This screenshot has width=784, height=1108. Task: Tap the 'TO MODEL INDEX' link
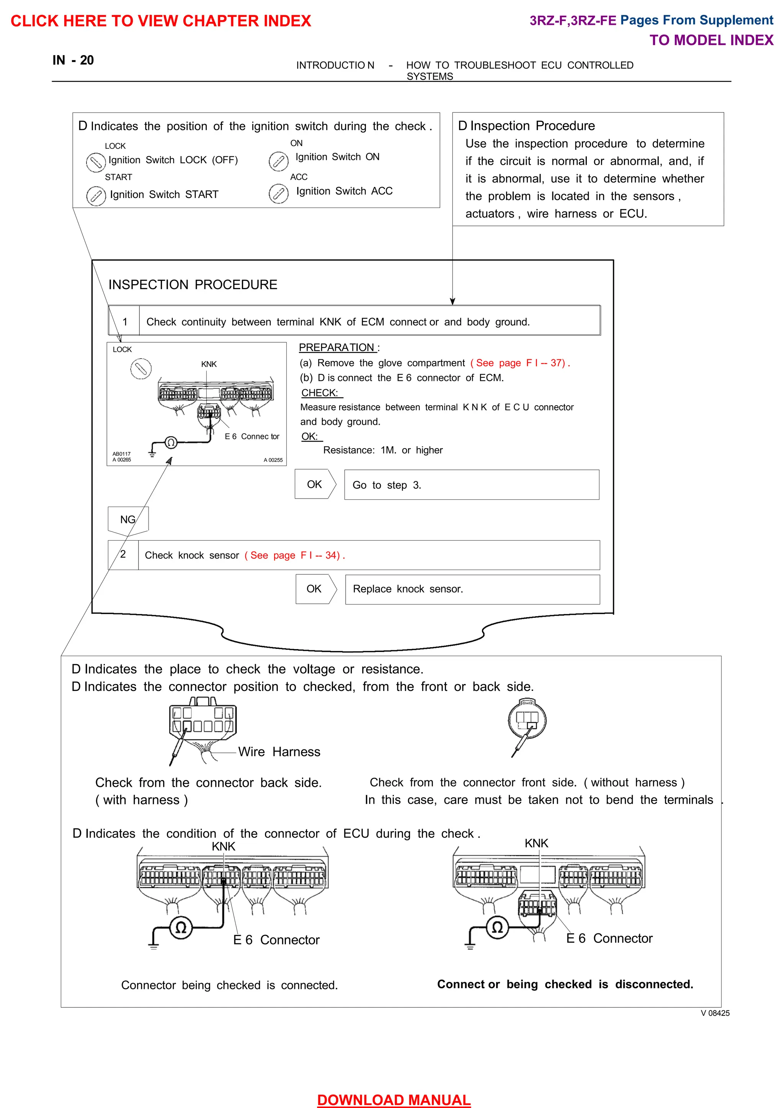click(x=711, y=40)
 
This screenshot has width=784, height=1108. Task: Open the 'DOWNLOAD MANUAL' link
click(x=394, y=1099)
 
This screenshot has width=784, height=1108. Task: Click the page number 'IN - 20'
click(x=73, y=60)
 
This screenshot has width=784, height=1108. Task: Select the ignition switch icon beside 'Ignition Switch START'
click(x=96, y=196)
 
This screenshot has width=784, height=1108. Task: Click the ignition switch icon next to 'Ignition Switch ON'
click(x=278, y=161)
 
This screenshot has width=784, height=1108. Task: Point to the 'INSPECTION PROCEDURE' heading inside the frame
click(x=193, y=285)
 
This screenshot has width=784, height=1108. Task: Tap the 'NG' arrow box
click(x=128, y=520)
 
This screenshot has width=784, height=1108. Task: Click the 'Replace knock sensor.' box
click(x=472, y=589)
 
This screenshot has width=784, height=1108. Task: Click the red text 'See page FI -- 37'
click(x=520, y=363)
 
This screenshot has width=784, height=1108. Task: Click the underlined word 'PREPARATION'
click(x=337, y=348)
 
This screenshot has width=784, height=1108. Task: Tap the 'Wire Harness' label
click(x=279, y=751)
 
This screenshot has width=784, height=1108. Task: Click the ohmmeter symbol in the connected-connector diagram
click(x=181, y=928)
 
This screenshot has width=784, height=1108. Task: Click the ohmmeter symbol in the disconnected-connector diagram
click(x=497, y=927)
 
